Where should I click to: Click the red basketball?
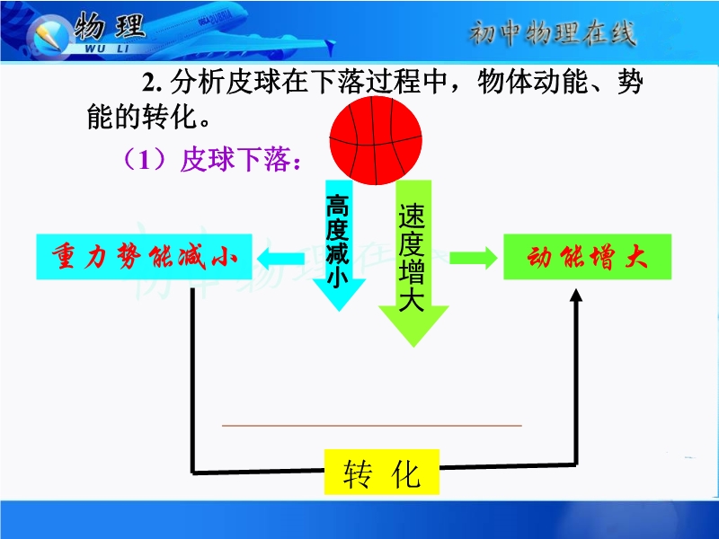click(376, 140)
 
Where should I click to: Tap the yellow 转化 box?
click(381, 473)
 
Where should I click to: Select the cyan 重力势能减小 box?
click(144, 257)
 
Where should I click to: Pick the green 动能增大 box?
click(588, 257)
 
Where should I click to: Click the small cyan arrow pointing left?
click(280, 259)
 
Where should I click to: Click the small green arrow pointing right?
click(474, 258)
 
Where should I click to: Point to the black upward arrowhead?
click(576, 295)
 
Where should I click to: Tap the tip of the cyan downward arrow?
click(339, 311)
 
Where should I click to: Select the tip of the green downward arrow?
click(413, 347)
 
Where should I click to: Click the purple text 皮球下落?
click(236, 160)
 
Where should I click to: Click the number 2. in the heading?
click(152, 83)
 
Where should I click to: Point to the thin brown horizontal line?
click(372, 425)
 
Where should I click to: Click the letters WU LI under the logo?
click(107, 49)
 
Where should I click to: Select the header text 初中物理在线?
click(552, 33)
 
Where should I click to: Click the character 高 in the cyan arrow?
click(338, 206)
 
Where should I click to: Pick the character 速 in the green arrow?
click(412, 216)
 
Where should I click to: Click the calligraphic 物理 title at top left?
click(110, 26)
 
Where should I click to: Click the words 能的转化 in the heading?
click(143, 117)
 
